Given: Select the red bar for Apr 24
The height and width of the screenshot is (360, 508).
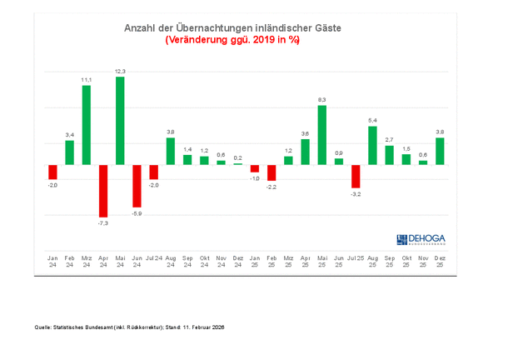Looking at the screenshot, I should (x=103, y=191).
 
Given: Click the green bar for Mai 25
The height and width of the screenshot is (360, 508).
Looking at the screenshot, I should (x=321, y=135).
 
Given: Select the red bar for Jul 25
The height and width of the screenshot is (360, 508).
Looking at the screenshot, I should (x=356, y=176).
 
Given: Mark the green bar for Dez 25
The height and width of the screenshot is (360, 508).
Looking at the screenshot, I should (x=440, y=151).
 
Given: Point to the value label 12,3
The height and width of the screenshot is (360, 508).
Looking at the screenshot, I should (x=120, y=72).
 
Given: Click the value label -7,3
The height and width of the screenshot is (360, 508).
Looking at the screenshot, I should (x=103, y=223).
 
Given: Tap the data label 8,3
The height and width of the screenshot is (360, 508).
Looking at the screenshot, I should (x=321, y=100).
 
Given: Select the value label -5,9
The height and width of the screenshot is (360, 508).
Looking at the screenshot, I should (x=137, y=213).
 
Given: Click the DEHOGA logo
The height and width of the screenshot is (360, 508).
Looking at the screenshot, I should (x=421, y=239).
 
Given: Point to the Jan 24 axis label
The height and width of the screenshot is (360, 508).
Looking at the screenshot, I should (x=52, y=261).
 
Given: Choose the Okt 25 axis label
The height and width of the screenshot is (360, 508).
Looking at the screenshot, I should (x=406, y=261).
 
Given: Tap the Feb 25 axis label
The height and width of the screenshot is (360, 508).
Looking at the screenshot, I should (x=271, y=261).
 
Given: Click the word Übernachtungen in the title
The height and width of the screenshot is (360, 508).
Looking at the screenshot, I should (x=213, y=27).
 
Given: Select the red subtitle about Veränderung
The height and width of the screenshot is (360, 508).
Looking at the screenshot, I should (x=232, y=39).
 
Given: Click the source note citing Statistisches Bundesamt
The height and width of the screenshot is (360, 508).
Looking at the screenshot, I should (x=130, y=327).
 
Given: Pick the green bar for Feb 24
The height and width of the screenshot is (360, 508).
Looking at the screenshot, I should (x=70, y=152).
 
